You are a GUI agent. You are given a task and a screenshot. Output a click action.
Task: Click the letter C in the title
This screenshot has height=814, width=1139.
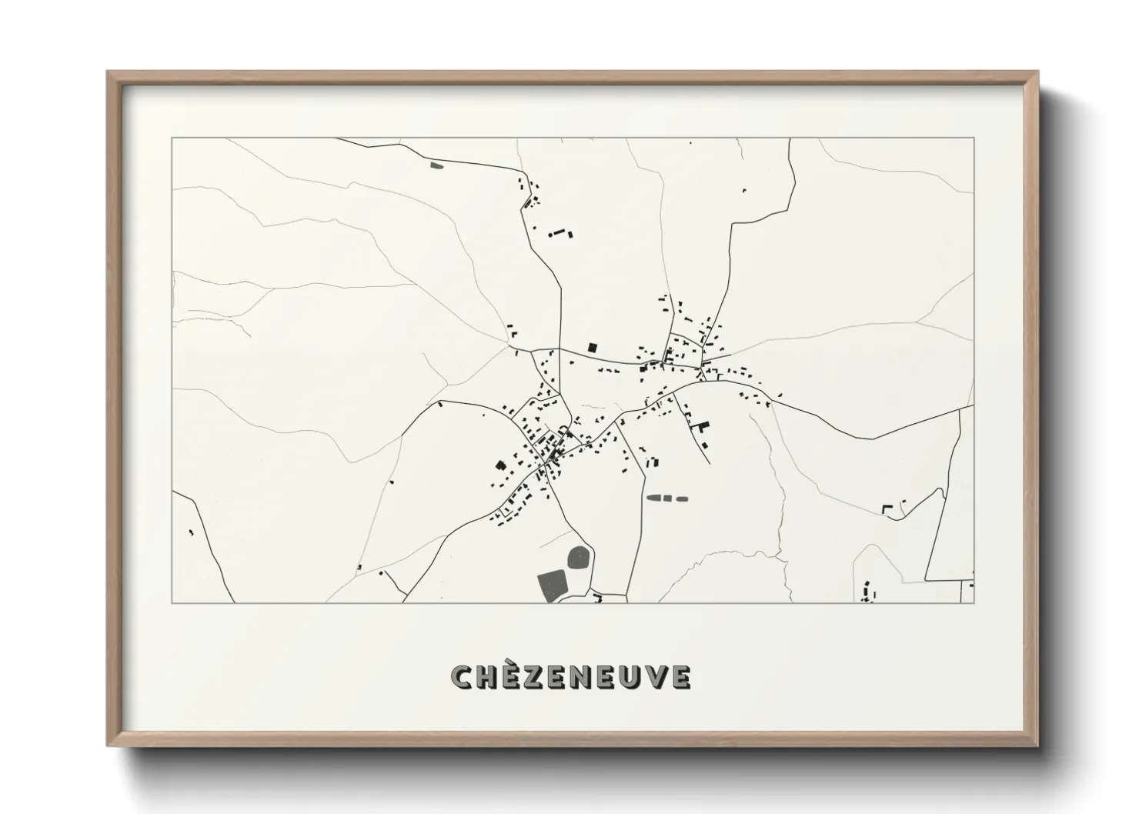[x=463, y=677]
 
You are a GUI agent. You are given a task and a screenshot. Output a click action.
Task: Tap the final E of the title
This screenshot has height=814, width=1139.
[x=679, y=677]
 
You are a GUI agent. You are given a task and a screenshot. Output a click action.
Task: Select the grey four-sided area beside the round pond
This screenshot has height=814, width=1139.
[x=551, y=586]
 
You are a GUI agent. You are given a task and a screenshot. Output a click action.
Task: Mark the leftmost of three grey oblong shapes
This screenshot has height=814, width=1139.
[x=655, y=499]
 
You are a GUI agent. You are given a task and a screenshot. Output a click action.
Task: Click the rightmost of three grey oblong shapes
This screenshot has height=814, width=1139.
[x=681, y=499]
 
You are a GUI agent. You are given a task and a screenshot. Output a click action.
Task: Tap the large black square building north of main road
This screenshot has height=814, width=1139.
[x=593, y=347]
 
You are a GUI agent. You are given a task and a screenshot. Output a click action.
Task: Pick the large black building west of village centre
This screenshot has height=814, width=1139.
[x=500, y=465]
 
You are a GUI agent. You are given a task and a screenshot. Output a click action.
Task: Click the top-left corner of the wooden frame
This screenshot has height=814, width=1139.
[x=109, y=72]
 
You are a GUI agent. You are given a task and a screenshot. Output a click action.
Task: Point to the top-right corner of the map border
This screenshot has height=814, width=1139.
[x=974, y=138]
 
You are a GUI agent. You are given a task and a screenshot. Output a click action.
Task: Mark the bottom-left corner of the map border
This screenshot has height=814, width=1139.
[x=172, y=602]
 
